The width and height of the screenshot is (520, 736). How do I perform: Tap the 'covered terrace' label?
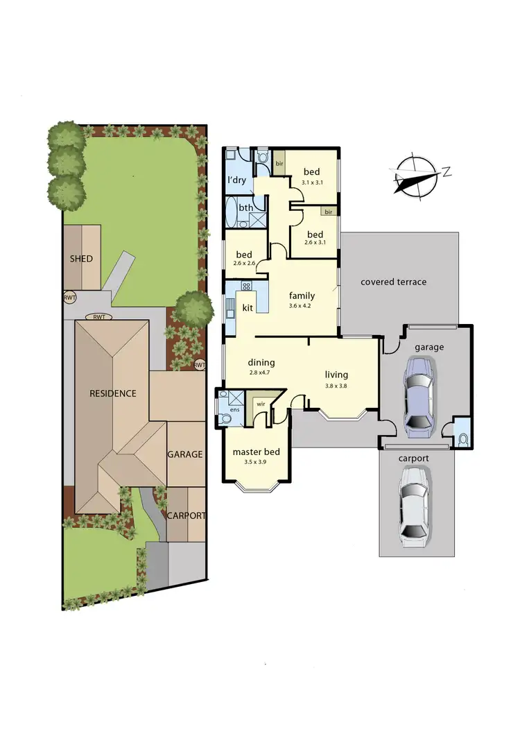[392, 282]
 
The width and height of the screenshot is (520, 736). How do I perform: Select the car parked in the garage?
[420, 397]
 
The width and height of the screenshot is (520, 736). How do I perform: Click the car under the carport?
[413, 504]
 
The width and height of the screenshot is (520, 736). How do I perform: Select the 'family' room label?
[302, 294]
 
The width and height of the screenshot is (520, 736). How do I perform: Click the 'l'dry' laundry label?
[237, 180]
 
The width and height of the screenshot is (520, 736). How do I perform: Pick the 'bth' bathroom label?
[245, 207]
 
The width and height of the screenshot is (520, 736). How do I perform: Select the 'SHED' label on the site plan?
[81, 259]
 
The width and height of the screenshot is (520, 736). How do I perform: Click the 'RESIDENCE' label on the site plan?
[113, 393]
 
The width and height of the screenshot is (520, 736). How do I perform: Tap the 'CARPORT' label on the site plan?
[186, 515]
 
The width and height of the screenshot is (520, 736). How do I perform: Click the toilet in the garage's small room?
[462, 438]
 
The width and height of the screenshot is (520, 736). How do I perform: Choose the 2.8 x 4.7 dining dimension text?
[261, 373]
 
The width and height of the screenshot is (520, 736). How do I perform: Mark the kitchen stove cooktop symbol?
[245, 286]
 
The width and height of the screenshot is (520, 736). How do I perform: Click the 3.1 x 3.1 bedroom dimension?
[312, 182]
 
